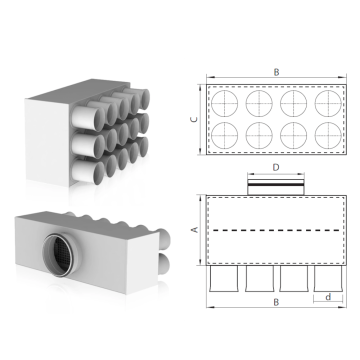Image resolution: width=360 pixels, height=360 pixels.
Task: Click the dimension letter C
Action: [195, 119]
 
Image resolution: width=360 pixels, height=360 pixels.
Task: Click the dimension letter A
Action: [195, 230]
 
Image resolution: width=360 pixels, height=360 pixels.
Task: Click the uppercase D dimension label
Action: [276, 168]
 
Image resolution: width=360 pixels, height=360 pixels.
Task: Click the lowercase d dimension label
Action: [328, 296]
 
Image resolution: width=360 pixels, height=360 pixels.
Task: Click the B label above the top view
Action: [276, 72]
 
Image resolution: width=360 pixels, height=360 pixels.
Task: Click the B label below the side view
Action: [276, 302]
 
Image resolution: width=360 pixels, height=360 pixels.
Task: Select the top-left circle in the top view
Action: [225, 103]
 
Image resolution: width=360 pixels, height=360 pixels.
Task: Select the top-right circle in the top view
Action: [328, 103]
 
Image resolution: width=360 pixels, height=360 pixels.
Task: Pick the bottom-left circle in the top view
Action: [225, 135]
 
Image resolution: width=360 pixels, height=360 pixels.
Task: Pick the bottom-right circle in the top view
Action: [328, 135]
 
